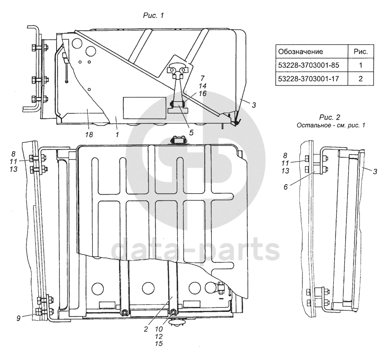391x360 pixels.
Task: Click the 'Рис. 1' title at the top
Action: [x=154, y=16]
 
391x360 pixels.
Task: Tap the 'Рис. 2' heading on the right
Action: [x=330, y=118]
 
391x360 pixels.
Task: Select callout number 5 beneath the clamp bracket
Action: [x=191, y=132]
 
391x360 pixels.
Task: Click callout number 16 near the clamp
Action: [x=202, y=93]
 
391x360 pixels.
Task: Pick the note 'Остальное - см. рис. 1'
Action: [x=330, y=125]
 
